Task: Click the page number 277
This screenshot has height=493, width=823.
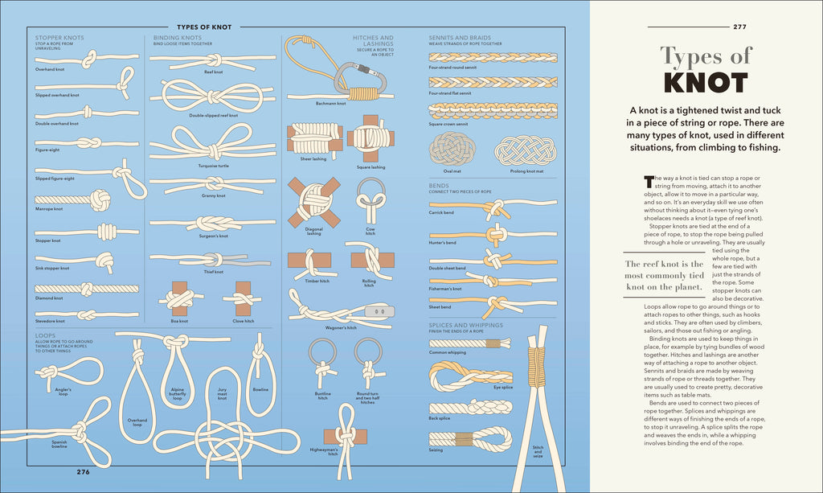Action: [x=741, y=27]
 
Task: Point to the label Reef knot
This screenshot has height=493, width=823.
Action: [x=213, y=72]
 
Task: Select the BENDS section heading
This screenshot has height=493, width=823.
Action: [x=439, y=185]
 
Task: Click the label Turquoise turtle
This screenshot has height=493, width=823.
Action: [x=213, y=166]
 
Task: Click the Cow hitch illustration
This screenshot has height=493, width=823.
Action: [x=371, y=201]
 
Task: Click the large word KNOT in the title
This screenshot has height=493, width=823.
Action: [x=706, y=83]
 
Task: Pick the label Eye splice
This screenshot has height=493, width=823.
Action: [x=504, y=388]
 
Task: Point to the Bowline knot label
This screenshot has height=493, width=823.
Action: [x=260, y=389]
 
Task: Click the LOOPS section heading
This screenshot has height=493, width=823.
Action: [x=46, y=335]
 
